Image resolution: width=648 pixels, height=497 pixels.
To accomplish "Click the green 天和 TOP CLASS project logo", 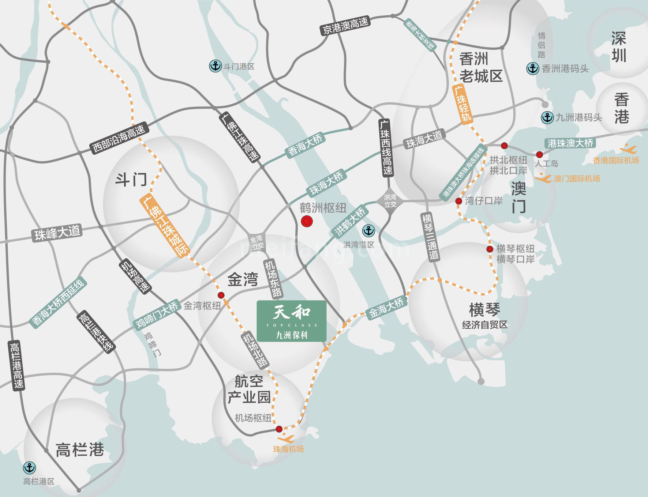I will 291,321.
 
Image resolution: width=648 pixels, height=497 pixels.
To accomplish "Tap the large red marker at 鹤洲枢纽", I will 306,222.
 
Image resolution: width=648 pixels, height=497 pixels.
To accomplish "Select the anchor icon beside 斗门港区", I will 215,66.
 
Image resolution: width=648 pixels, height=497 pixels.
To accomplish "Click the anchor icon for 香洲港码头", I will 533,68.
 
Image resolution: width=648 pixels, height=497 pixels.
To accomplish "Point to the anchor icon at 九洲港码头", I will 547,117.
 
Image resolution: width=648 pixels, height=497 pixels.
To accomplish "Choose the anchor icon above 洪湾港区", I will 368,231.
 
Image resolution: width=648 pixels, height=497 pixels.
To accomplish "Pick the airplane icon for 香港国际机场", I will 629,149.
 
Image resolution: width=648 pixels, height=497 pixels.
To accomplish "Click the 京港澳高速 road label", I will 345,25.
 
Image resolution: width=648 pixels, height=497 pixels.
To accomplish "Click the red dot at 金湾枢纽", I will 221,295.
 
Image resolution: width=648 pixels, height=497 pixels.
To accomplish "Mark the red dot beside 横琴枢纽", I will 490,249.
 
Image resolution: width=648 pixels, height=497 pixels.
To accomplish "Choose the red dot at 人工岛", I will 539,154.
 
